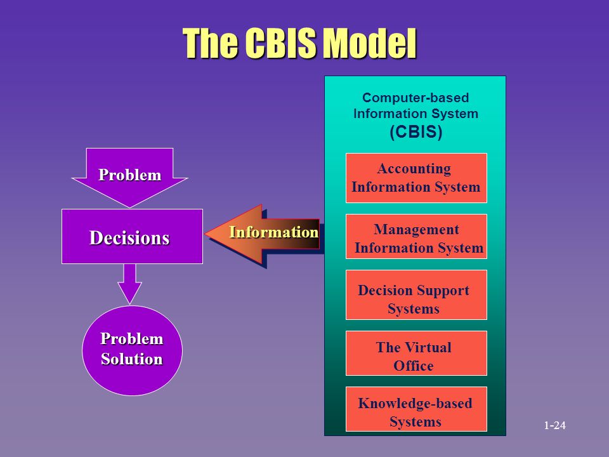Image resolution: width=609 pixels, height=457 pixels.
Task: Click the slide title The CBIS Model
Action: click(x=299, y=43)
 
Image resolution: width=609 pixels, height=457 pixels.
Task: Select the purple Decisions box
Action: click(x=131, y=237)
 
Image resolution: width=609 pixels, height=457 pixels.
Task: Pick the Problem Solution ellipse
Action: click(x=132, y=350)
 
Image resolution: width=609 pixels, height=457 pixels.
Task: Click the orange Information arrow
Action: click(x=266, y=233)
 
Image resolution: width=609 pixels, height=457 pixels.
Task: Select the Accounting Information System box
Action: click(x=416, y=178)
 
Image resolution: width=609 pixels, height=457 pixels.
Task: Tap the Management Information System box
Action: click(x=416, y=238)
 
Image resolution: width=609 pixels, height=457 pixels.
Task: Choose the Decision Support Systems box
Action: click(x=416, y=300)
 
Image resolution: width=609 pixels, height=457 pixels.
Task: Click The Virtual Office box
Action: click(x=416, y=356)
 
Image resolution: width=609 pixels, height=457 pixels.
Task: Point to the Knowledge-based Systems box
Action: click(x=416, y=412)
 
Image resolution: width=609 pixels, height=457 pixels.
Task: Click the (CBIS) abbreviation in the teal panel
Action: click(x=416, y=132)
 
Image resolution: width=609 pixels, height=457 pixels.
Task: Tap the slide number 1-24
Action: click(x=554, y=425)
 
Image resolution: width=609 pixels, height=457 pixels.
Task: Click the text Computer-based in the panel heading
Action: click(x=416, y=98)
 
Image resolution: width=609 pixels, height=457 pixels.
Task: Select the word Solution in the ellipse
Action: click(x=132, y=359)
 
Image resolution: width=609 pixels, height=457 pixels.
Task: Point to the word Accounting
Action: click(x=414, y=169)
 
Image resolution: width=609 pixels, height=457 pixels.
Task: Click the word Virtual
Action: click(x=428, y=347)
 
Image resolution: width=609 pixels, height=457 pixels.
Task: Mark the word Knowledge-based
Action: click(x=415, y=404)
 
